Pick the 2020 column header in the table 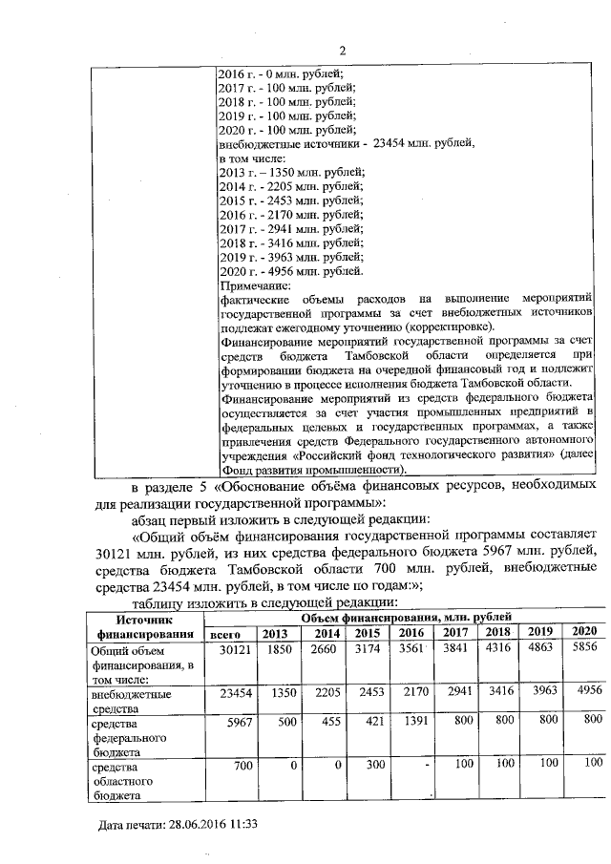coord(584,631)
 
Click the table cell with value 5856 coord(584,649)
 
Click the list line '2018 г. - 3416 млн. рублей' coord(292,243)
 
